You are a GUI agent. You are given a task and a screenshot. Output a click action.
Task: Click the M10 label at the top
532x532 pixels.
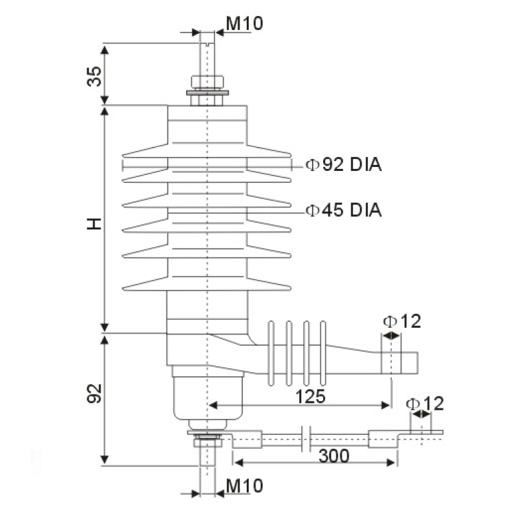[x=244, y=23]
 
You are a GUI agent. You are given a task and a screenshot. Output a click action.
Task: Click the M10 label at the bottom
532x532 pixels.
[x=244, y=485]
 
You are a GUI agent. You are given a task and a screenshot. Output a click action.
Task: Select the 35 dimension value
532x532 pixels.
[x=95, y=76]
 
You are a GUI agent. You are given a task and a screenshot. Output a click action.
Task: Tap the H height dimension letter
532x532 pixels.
[x=95, y=223]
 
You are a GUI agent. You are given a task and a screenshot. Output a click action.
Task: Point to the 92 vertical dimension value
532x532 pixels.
[x=95, y=394]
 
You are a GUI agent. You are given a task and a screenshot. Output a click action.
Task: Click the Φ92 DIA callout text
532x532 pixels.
[x=344, y=164]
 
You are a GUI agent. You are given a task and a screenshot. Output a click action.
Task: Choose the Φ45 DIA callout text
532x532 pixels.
[x=344, y=210]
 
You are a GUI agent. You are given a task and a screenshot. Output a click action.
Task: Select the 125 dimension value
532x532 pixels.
[x=310, y=397]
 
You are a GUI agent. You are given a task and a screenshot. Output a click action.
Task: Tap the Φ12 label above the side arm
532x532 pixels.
[x=402, y=322]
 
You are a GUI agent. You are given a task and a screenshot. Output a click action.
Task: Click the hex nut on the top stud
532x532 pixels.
[x=208, y=82]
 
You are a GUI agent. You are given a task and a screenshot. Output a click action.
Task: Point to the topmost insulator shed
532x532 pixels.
[x=207, y=151]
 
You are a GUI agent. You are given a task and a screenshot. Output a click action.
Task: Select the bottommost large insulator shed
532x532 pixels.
[x=207, y=284]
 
